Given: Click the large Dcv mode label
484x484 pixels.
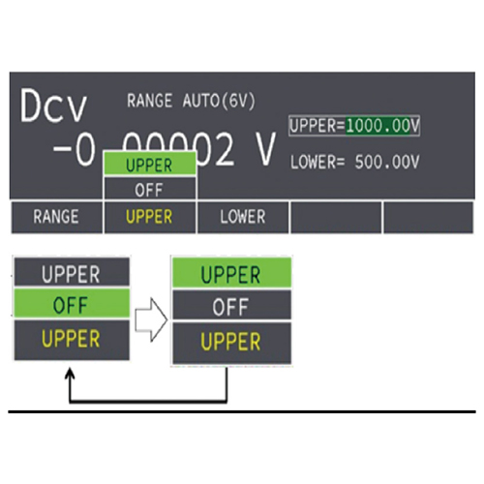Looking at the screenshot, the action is (53, 106).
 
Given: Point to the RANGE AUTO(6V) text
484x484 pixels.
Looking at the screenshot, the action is (191, 101).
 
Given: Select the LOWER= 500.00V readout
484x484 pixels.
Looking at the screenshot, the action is (354, 162).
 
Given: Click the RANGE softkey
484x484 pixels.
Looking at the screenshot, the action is (56, 217).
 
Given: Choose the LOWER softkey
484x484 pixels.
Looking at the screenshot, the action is (243, 217).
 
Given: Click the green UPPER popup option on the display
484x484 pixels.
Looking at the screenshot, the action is (150, 165).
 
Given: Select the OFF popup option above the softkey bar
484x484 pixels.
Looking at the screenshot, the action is (150, 189).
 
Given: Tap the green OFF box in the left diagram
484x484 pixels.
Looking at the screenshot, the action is (72, 304).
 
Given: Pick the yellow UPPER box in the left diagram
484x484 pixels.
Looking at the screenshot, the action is (72, 340).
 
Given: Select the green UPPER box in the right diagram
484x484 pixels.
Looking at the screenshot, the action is (231, 273).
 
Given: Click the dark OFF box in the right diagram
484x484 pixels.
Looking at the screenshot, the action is (231, 305).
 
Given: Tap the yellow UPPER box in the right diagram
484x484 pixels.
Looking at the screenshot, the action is (231, 343).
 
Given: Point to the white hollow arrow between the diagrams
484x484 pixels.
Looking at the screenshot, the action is (151, 319).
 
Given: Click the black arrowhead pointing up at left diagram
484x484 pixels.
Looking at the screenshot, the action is (70, 375).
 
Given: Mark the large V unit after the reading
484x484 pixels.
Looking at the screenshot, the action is (266, 149).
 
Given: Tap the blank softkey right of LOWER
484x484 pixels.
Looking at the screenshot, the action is (336, 217).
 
